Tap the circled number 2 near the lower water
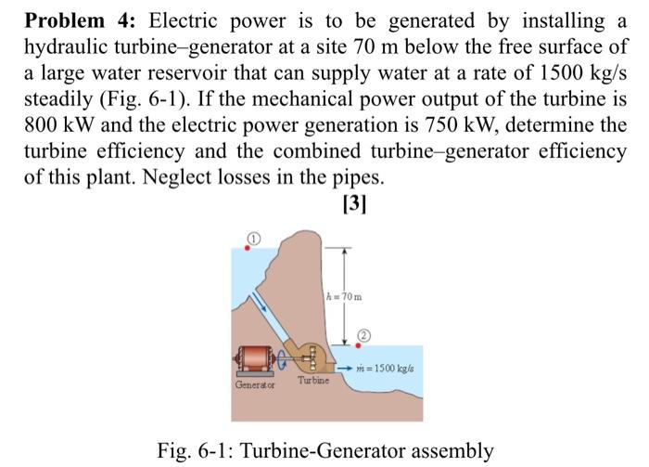pyautogui.click(x=363, y=335)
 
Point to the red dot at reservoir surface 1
pyautogui.click(x=247, y=249)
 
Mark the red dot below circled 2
pyautogui.click(x=359, y=345)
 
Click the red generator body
pyautogui.click(x=256, y=357)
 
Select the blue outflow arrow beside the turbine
pyautogui.click(x=346, y=369)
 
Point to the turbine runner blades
pyautogui.click(x=313, y=356)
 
